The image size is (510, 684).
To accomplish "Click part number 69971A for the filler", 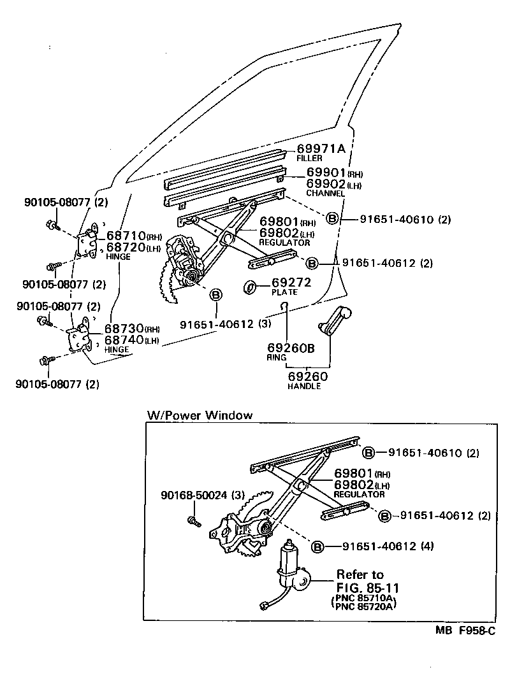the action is pyautogui.click(x=321, y=148).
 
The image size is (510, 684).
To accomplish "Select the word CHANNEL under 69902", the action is pyautogui.click(x=325, y=193).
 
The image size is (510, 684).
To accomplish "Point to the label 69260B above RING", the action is pyautogui.click(x=291, y=348).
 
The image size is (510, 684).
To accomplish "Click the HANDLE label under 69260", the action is pyautogui.click(x=304, y=387).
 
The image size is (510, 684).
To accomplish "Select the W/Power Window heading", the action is pyautogui.click(x=200, y=415).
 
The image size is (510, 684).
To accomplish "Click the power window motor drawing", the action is pyautogui.click(x=291, y=567).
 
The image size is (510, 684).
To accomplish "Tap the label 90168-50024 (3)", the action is pyautogui.click(x=201, y=495).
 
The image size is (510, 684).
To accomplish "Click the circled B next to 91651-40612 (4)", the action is pyautogui.click(x=317, y=546).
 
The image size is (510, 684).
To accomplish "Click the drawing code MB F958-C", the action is pyautogui.click(x=465, y=631).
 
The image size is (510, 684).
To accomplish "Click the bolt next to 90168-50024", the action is pyautogui.click(x=193, y=522).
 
